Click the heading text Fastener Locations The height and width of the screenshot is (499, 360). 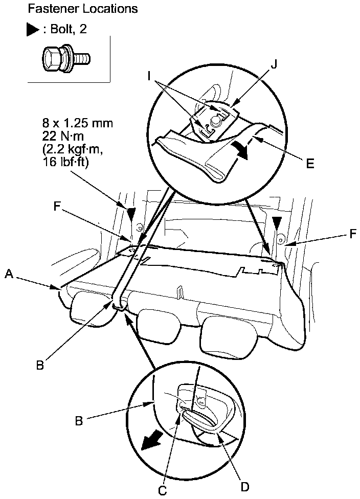click(x=83, y=9)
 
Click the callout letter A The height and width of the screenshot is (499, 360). click(x=8, y=275)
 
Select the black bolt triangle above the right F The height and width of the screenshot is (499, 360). click(x=277, y=220)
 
